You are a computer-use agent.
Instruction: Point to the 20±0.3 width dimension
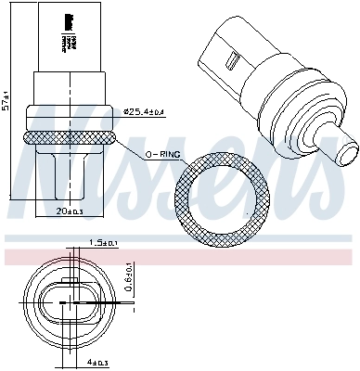(x=71, y=212)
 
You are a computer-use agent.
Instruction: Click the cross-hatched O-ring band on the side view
(x=71, y=136)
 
